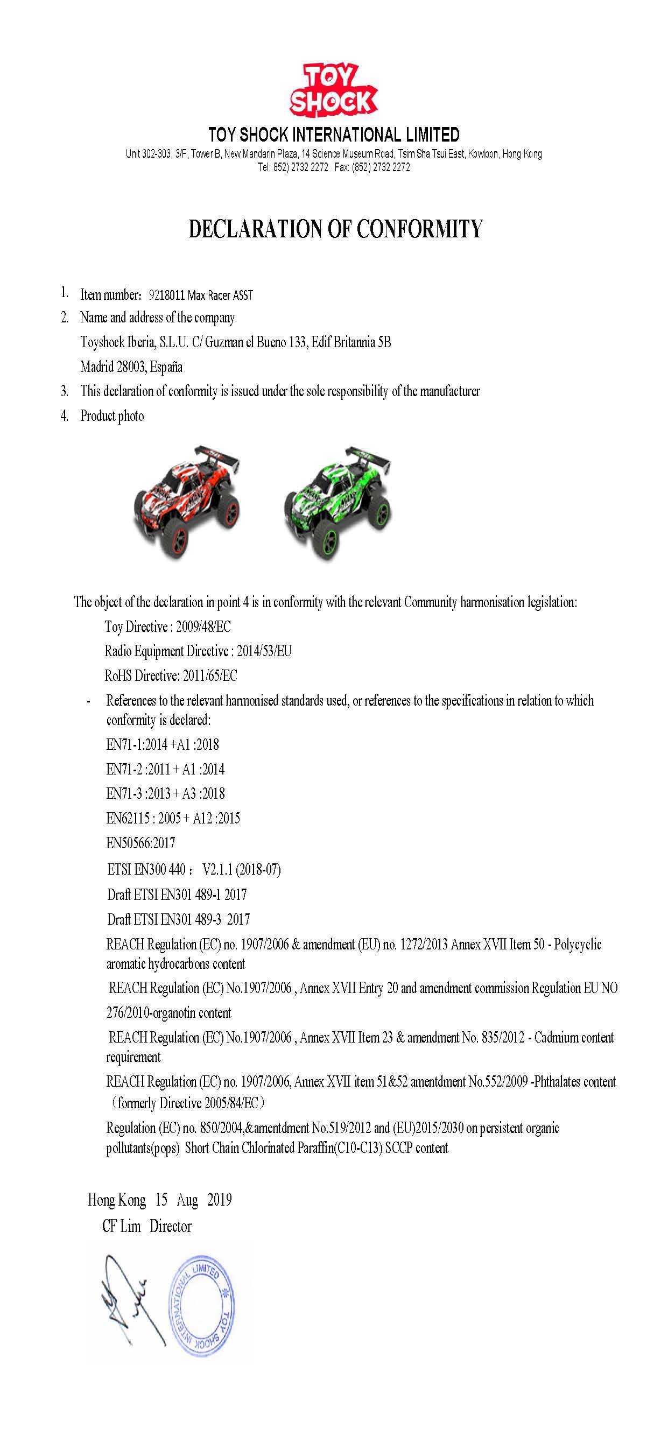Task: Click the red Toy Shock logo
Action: (x=333, y=91)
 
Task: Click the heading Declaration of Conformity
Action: (x=335, y=229)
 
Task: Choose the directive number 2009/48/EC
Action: (x=203, y=627)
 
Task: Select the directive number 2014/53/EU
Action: (x=264, y=651)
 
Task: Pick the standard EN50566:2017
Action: (x=140, y=843)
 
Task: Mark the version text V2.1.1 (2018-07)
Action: (x=241, y=869)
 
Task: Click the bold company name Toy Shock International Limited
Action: (x=334, y=135)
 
